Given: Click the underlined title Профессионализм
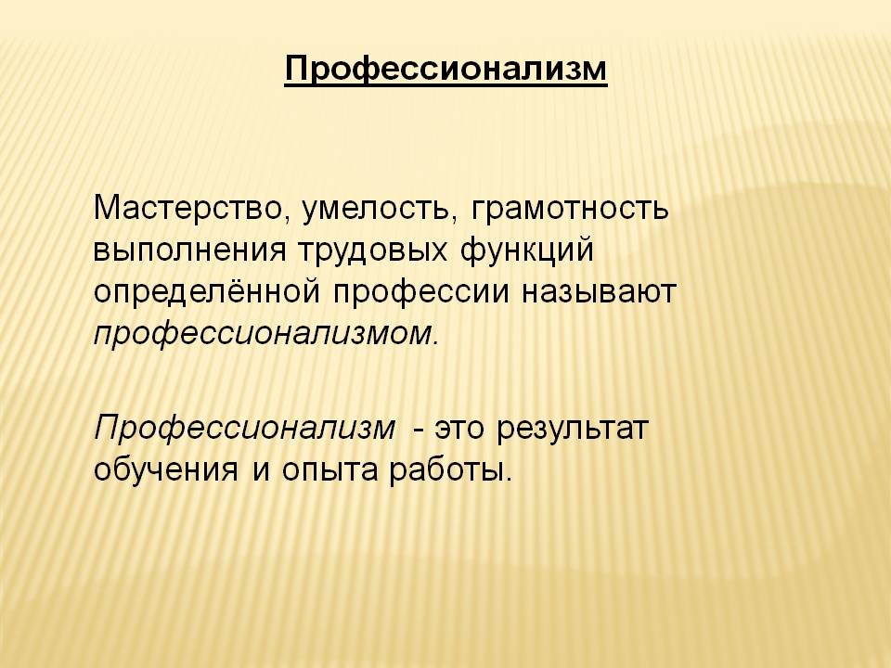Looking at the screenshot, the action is click(x=446, y=70).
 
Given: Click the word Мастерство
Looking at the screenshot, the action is click(x=187, y=208).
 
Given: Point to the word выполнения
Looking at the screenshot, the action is click(x=190, y=250).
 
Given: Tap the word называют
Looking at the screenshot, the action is click(x=599, y=292).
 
